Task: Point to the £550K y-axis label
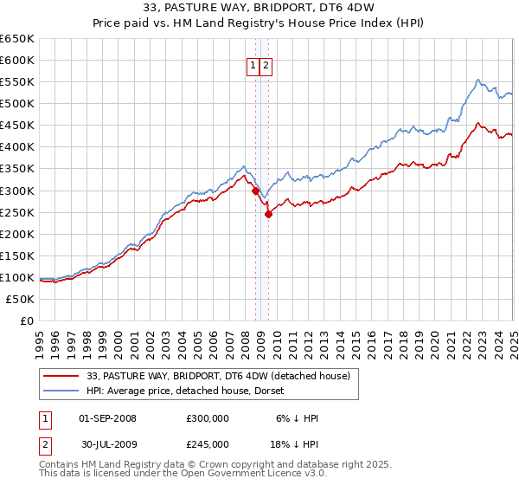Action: point(17,81)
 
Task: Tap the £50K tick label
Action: point(21,299)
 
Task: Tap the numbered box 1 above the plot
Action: point(253,66)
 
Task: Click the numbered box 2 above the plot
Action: point(266,66)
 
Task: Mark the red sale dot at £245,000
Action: point(269,214)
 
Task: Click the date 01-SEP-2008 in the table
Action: point(107,418)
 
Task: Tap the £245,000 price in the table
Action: point(208,443)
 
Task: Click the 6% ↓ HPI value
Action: point(297,418)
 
